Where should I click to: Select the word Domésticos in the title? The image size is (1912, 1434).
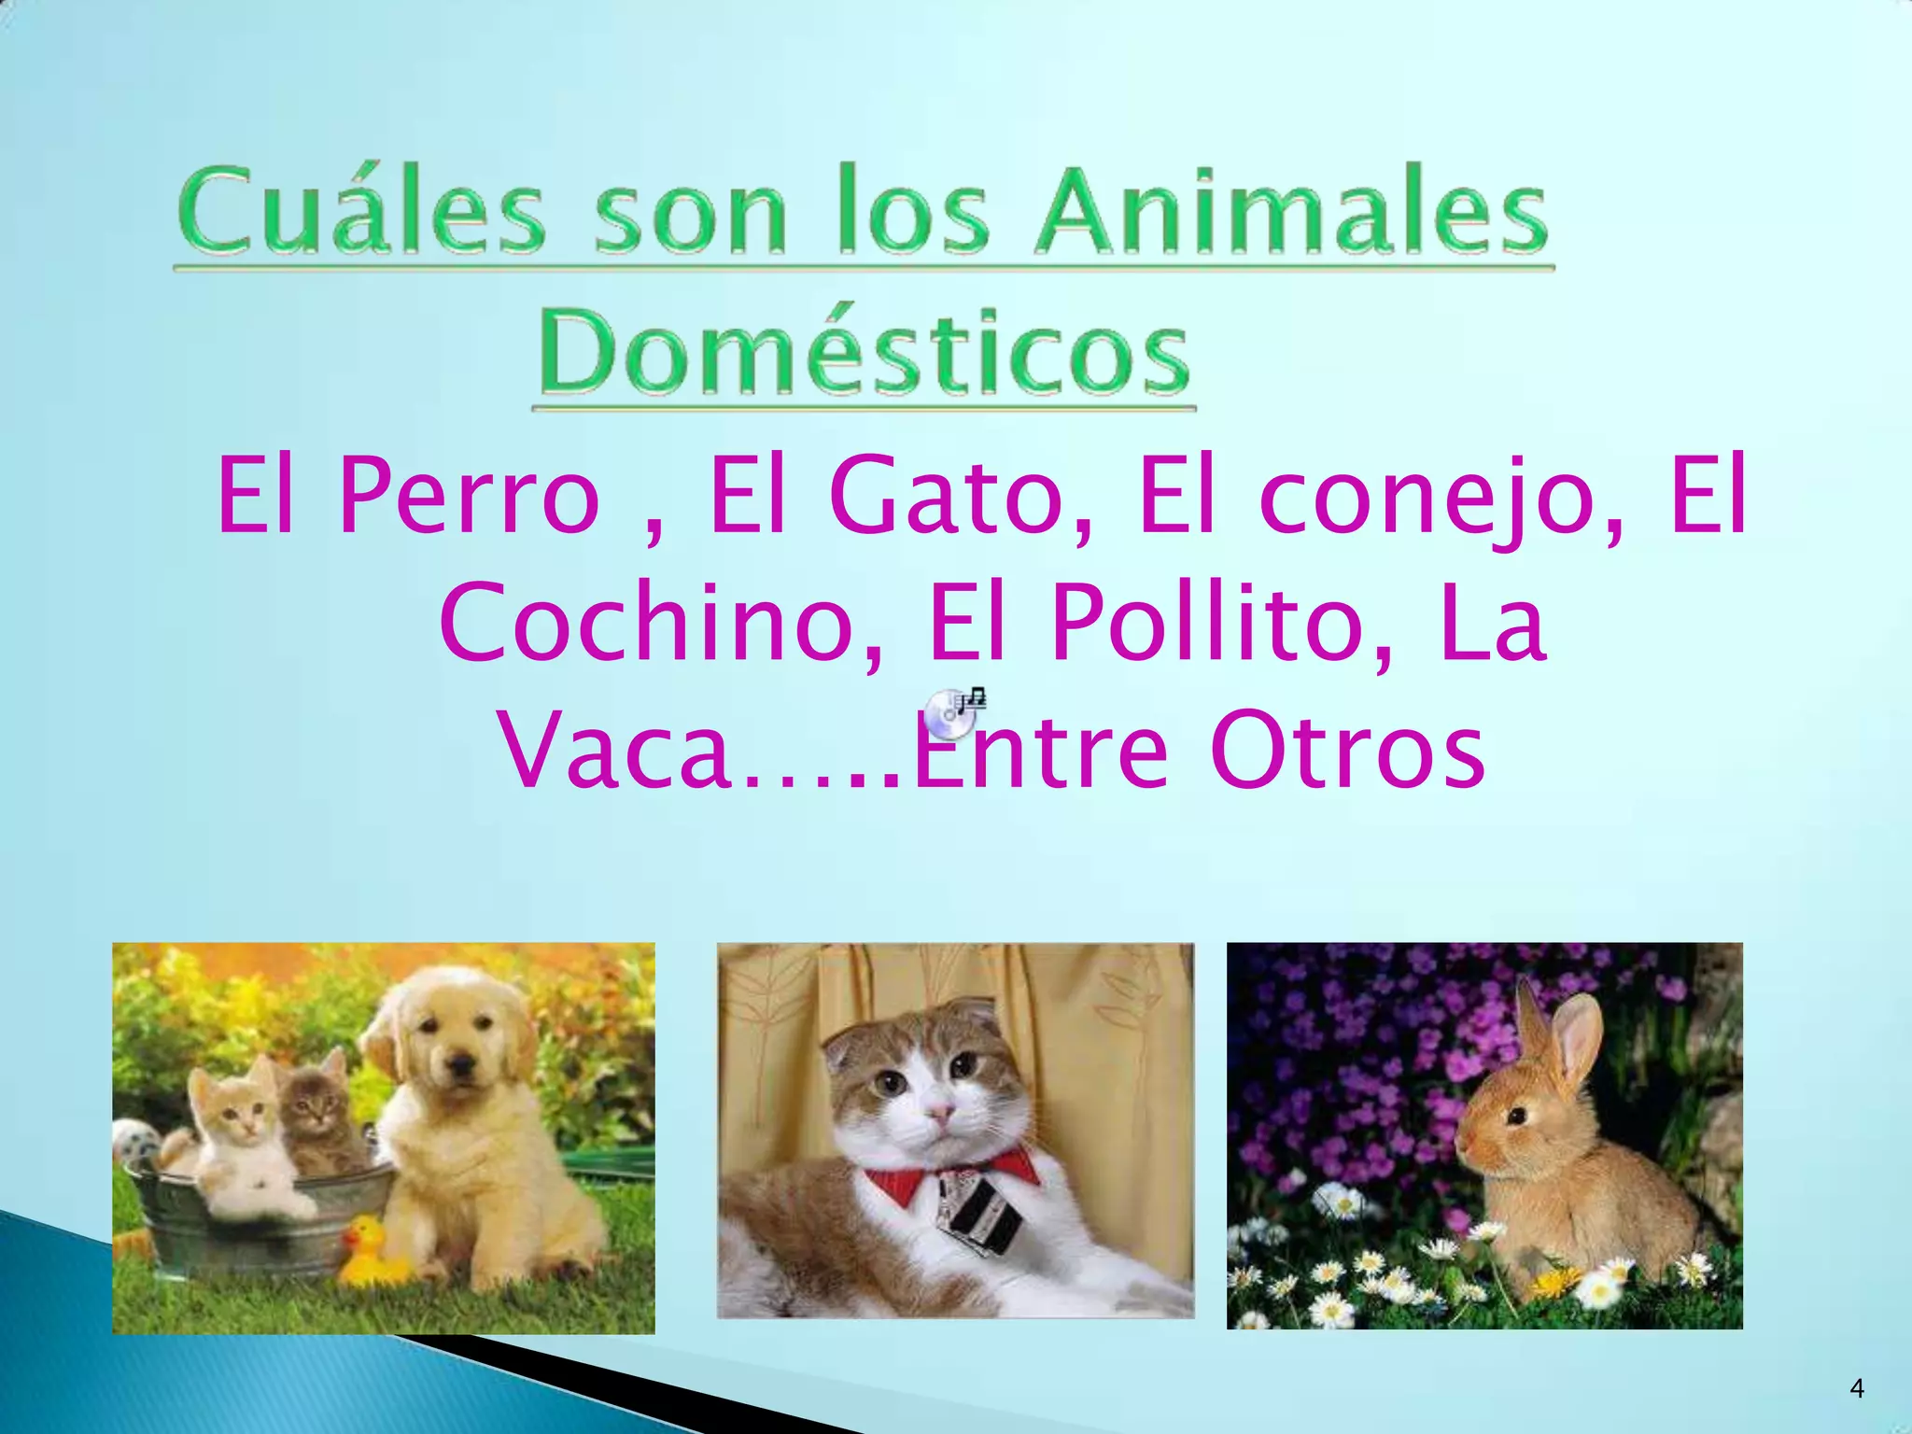(x=865, y=353)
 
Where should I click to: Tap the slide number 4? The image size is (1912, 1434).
(x=1856, y=1389)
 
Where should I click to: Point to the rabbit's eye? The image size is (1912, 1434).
(x=1517, y=1115)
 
